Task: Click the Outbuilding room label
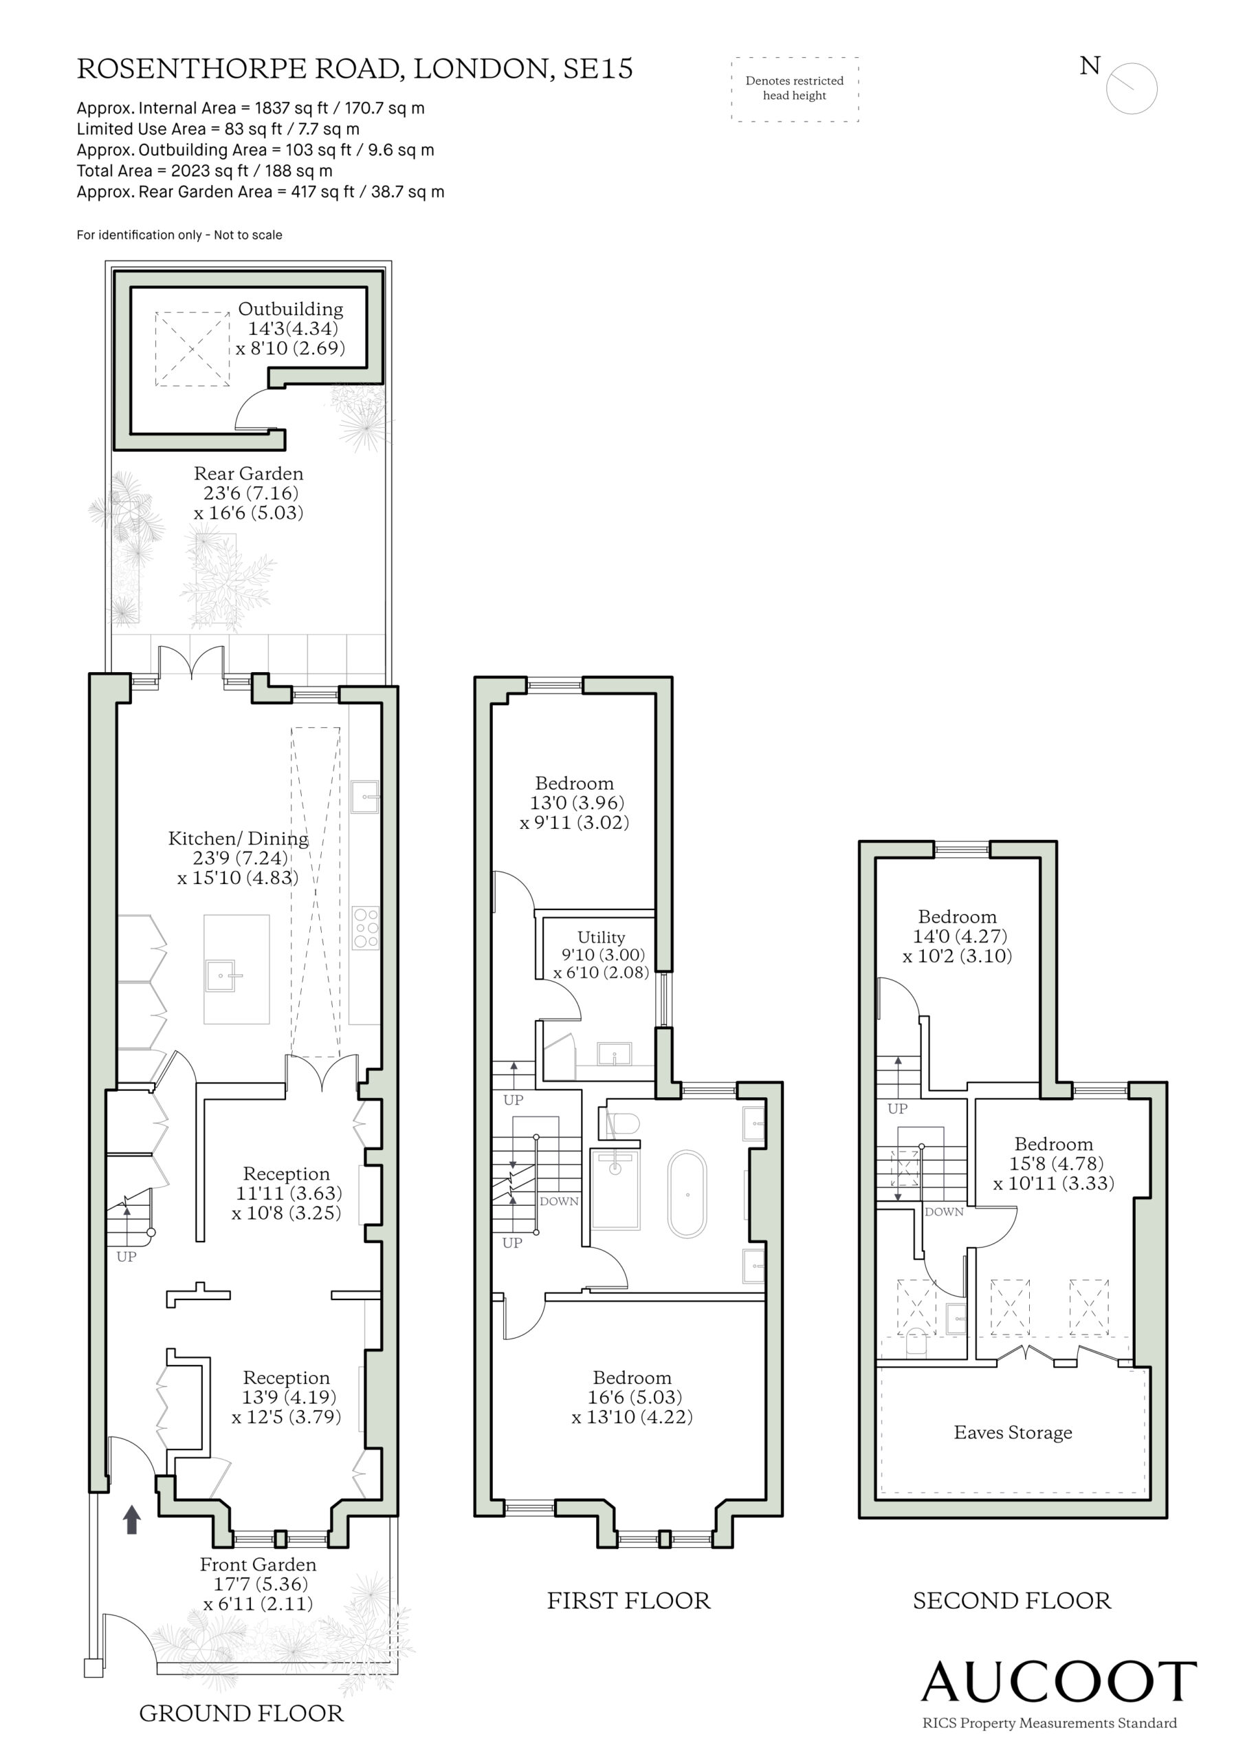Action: click(291, 309)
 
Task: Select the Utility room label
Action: click(601, 938)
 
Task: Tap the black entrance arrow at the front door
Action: click(132, 1520)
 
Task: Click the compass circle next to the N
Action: click(1132, 89)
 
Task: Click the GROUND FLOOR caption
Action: click(241, 1713)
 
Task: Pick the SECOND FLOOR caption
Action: click(1012, 1600)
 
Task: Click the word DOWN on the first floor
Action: click(559, 1201)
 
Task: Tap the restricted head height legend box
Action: click(795, 89)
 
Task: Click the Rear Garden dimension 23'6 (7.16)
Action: click(251, 493)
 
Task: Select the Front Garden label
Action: click(258, 1565)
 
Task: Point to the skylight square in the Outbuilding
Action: click(192, 349)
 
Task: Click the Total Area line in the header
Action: click(205, 171)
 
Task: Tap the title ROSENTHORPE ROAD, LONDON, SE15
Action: click(355, 69)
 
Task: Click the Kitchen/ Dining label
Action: click(239, 839)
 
